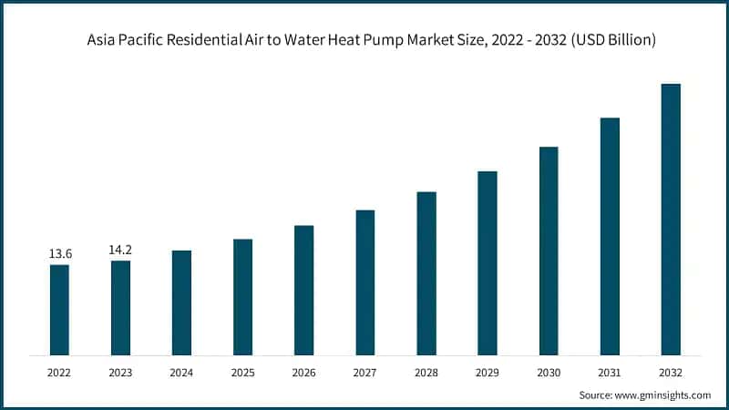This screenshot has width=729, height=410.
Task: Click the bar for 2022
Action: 59,310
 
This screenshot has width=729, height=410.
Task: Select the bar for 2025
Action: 242,297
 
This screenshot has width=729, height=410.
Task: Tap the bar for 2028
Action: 426,273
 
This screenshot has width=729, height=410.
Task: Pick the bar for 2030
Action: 549,251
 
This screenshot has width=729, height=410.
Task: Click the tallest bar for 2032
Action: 671,219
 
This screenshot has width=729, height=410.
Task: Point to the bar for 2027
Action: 364,282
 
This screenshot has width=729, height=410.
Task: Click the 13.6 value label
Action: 59,252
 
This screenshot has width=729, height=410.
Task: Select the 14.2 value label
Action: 120,249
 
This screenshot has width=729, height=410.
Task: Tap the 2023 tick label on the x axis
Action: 120,373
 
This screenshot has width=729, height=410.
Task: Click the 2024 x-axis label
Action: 181,373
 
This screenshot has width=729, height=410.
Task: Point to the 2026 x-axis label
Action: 303,373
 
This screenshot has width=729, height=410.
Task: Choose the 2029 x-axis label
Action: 488,373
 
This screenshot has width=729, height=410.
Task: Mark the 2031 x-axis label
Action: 610,373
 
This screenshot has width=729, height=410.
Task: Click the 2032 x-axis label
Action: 671,373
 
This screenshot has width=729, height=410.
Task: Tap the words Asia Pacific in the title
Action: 121,41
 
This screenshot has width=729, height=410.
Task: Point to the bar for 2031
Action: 610,236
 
